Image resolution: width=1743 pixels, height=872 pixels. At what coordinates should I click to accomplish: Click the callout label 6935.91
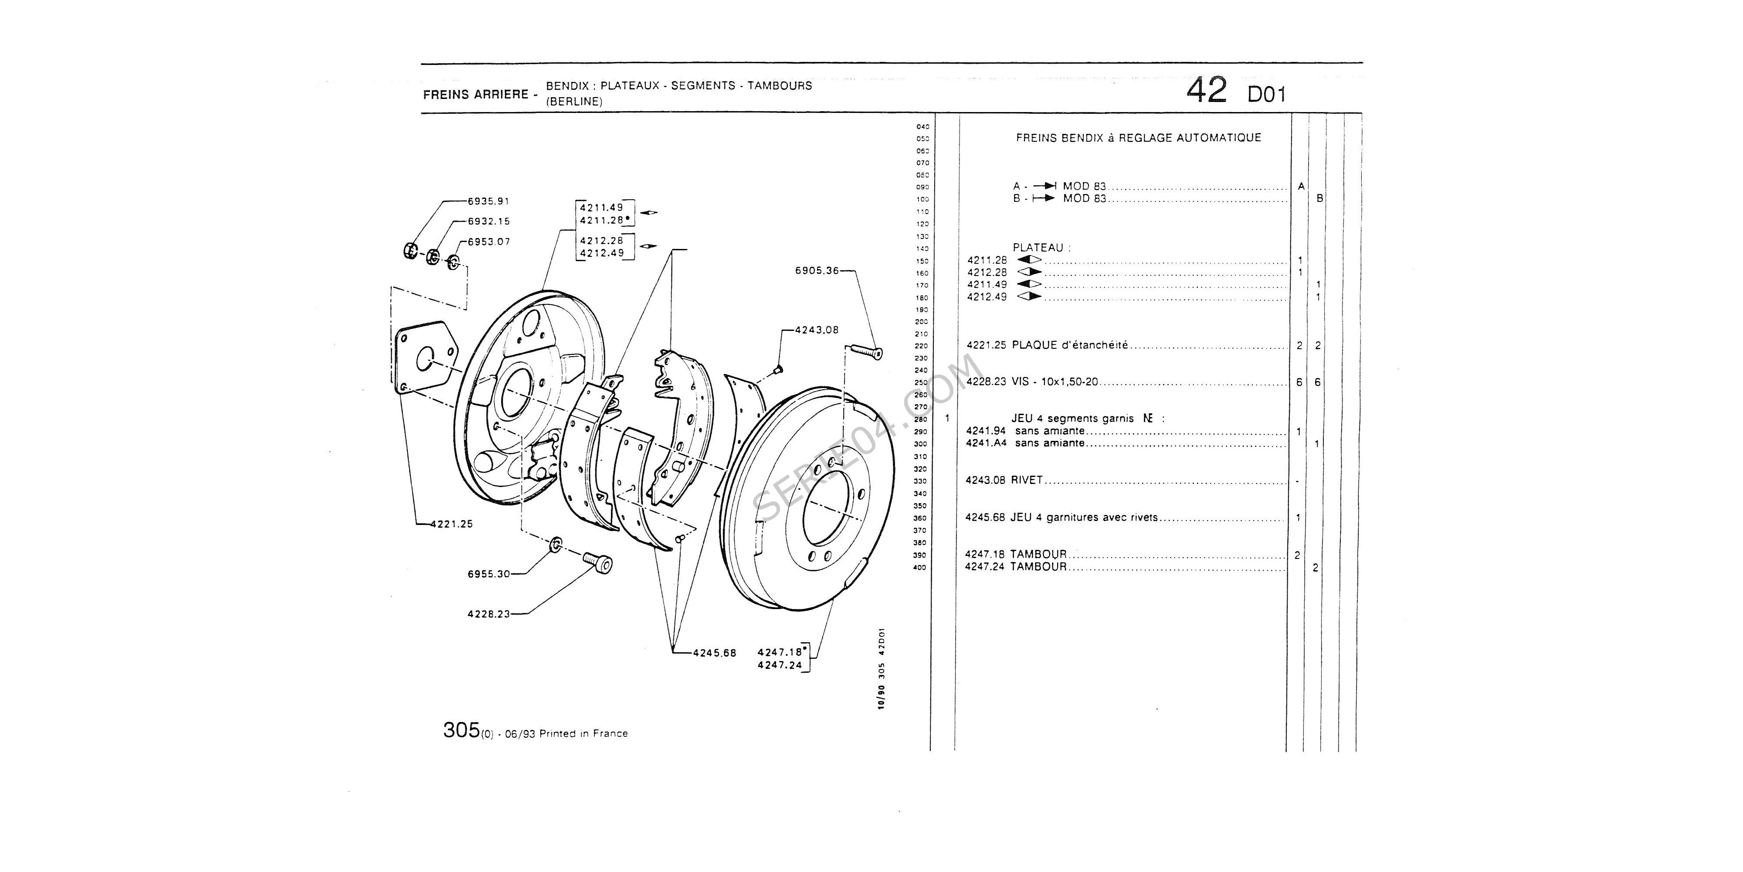pos(488,201)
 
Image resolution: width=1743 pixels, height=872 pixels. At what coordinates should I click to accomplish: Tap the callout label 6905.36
pos(817,271)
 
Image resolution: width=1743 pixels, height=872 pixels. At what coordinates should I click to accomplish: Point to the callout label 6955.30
pos(488,574)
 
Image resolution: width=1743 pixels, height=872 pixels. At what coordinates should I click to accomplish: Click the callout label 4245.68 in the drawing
pos(715,653)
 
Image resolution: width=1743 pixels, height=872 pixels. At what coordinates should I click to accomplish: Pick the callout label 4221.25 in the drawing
pos(451,523)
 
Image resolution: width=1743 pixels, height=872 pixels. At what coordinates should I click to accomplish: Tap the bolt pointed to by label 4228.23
pos(599,562)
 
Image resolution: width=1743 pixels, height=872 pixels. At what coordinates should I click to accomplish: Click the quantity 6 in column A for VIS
pos(1299,382)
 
